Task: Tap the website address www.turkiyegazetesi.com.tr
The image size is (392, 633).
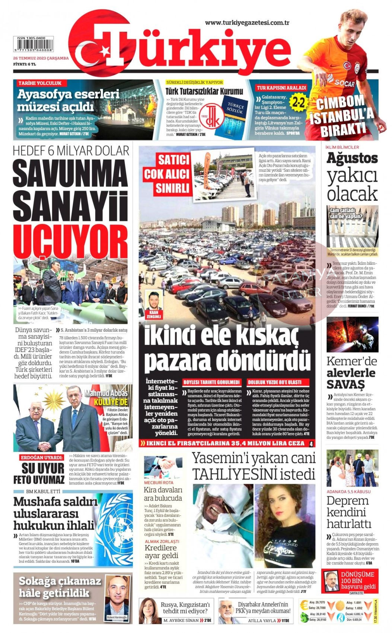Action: point(247,23)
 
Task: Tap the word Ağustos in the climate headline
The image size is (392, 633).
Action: point(352,158)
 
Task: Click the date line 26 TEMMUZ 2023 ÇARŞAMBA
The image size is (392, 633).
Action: point(41,58)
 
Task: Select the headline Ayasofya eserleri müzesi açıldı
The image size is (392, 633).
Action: point(68,100)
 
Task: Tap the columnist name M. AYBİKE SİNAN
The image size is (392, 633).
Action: point(181,621)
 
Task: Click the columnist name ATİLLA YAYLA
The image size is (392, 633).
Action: point(262,621)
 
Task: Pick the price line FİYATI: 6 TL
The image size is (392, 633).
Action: point(25,64)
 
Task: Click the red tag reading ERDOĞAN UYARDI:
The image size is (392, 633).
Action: point(42,457)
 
